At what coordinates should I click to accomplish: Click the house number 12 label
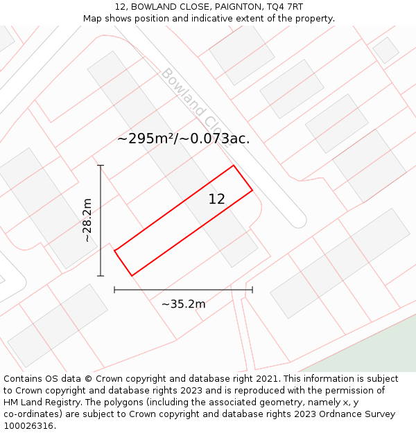[216, 200]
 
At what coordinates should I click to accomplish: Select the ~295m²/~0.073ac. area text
[183, 139]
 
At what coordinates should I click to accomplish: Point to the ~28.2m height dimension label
[87, 220]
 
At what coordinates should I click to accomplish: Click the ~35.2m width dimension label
[183, 304]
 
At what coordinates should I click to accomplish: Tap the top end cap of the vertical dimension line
[101, 166]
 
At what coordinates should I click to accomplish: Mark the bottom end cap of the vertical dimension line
[101, 276]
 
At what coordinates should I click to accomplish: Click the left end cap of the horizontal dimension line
[114, 290]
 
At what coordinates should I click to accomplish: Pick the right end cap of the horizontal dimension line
[252, 290]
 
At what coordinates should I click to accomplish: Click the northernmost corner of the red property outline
[234, 166]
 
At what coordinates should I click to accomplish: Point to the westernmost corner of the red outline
[114, 250]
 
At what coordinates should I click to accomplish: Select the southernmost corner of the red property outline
[132, 276]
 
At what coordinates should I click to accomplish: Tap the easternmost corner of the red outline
[252, 190]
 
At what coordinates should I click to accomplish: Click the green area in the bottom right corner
[374, 357]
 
